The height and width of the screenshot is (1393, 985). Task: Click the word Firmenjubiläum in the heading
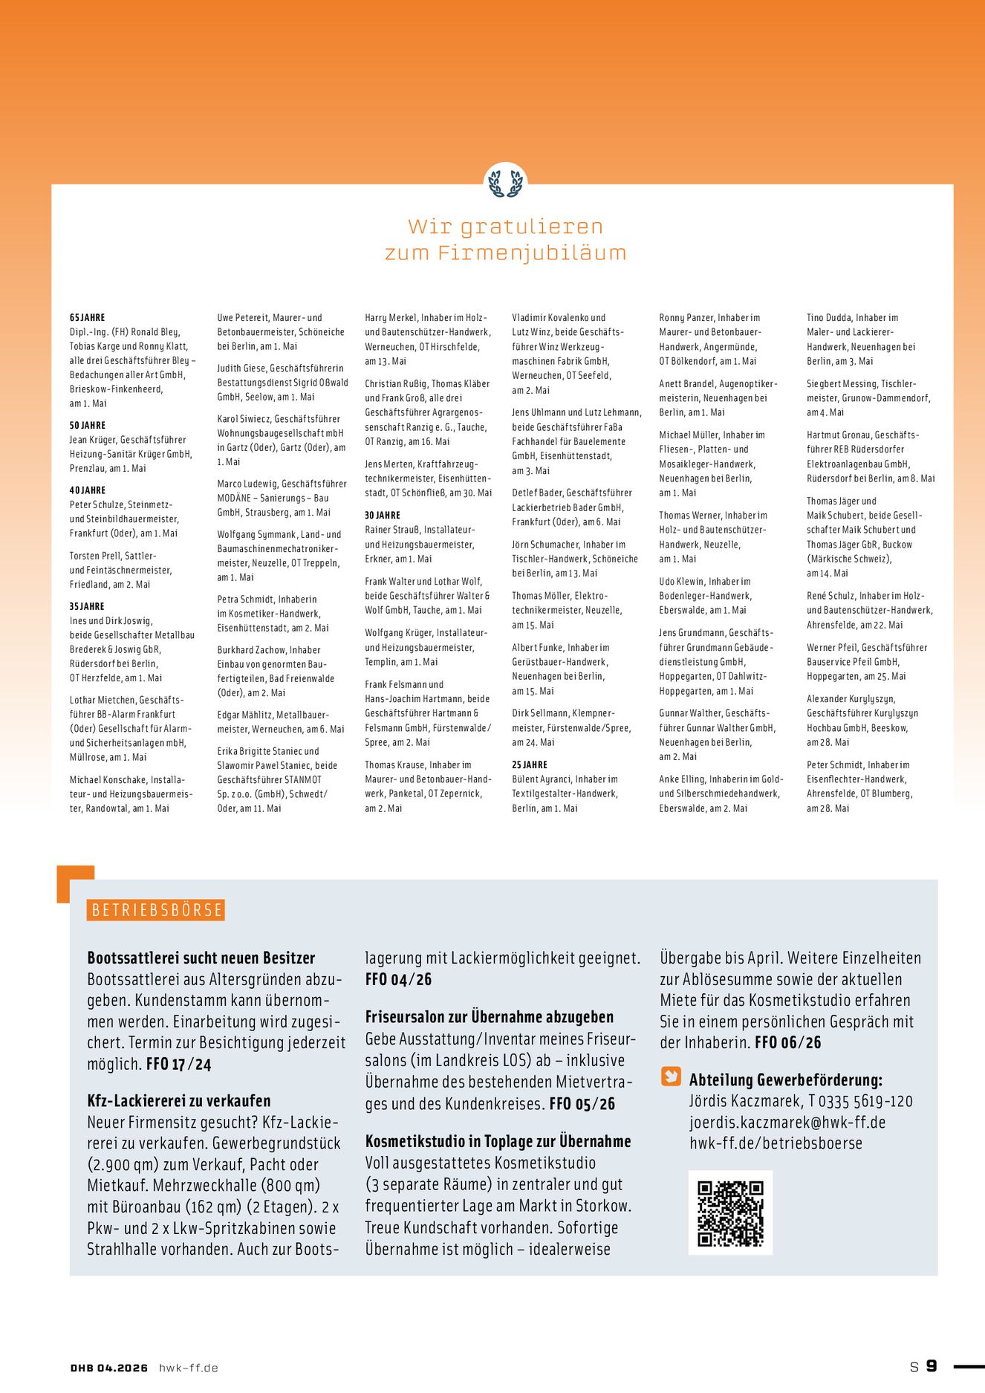532,253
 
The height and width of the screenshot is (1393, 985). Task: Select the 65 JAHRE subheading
88,317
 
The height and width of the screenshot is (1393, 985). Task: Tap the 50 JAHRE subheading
88,425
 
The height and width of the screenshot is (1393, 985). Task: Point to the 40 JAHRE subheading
88,490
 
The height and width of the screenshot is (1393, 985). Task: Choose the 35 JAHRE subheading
87,606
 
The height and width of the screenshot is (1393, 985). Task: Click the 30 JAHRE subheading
383,515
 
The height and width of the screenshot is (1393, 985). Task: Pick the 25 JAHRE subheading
530,764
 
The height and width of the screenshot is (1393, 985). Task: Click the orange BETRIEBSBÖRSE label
156,910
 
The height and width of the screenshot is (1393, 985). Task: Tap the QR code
730,1212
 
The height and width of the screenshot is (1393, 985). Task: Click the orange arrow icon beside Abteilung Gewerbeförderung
671,1077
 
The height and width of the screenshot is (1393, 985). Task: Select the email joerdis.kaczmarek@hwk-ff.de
787,1122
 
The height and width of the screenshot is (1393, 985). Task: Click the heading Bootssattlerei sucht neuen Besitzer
201,958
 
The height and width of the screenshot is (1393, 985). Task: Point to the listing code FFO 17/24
178,1064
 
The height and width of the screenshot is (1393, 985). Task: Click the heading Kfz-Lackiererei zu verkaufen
179,1100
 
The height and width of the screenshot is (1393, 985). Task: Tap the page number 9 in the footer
932,1366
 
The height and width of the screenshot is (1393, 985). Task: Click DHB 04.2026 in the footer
109,1368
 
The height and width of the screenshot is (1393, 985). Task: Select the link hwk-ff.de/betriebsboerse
776,1143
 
